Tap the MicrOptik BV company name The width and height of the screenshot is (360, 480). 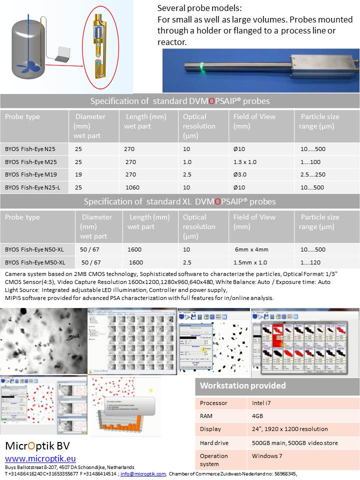(37, 446)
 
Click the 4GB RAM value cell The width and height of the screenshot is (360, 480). (258, 416)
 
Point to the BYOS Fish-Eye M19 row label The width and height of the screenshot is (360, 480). (30, 174)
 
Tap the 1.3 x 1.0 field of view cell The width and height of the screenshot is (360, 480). (244, 161)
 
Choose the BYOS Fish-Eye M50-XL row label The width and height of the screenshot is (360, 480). (35, 262)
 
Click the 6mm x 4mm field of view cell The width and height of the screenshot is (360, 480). (251, 249)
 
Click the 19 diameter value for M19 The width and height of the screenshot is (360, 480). (78, 174)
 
